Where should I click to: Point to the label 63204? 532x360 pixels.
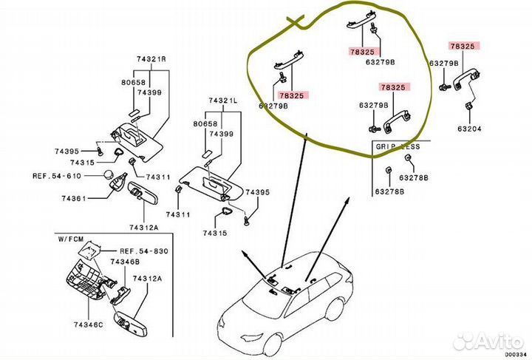[x=468, y=129]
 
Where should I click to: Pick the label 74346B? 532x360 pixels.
[x=126, y=262]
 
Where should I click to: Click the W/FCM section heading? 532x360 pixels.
[x=72, y=239]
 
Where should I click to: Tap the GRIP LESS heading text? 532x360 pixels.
[x=398, y=146]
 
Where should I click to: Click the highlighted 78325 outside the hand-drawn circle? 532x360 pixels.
[x=463, y=47]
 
